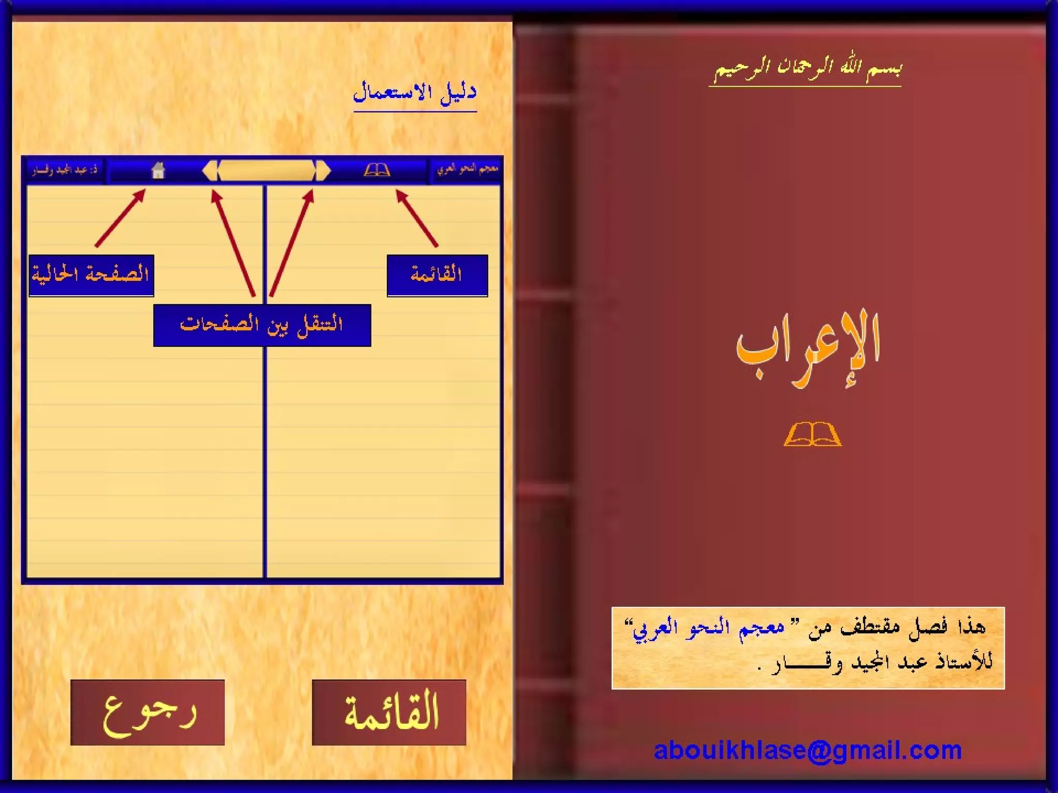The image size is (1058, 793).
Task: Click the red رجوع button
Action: [147, 712]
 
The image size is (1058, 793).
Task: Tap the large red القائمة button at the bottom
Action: [389, 712]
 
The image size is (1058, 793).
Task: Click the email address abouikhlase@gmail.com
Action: [807, 750]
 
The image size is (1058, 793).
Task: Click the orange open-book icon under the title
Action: [812, 434]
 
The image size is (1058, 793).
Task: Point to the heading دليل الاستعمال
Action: [415, 93]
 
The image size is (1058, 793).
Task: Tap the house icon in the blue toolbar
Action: [158, 170]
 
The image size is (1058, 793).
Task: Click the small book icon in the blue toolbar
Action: [377, 170]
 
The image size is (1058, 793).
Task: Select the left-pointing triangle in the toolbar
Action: [210, 170]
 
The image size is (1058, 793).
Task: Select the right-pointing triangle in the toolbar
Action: [323, 170]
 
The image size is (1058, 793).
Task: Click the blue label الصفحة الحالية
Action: [91, 275]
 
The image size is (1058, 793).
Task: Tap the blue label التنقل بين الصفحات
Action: [262, 325]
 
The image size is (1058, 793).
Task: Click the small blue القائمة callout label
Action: [437, 275]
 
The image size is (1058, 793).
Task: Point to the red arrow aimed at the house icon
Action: [120, 218]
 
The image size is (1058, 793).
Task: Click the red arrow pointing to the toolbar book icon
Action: [417, 218]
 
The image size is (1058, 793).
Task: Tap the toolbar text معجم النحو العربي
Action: [467, 169]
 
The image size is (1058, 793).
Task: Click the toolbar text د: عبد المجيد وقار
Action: [65, 170]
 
